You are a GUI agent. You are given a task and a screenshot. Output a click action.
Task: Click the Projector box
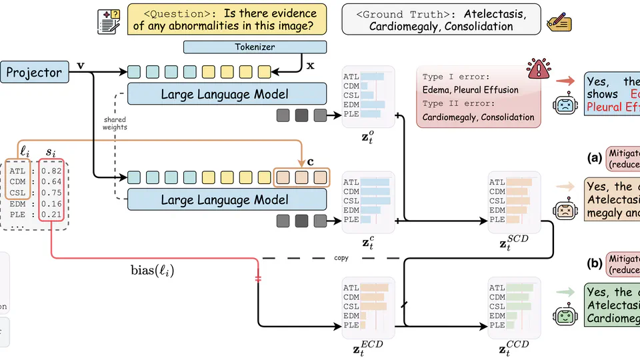[34, 72]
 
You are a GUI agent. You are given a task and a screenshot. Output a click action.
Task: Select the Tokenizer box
[255, 47]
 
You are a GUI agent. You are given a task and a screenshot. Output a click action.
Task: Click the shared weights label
[115, 123]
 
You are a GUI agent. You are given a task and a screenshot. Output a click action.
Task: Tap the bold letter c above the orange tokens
[309, 162]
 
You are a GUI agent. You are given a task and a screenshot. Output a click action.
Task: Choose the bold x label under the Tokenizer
[310, 67]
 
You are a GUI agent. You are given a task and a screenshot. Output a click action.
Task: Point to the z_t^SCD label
[514, 243]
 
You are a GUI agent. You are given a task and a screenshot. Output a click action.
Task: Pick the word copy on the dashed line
[341, 256]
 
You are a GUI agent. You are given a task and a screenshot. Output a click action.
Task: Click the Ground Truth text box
[441, 19]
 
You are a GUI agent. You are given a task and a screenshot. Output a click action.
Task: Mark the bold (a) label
[594, 158]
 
